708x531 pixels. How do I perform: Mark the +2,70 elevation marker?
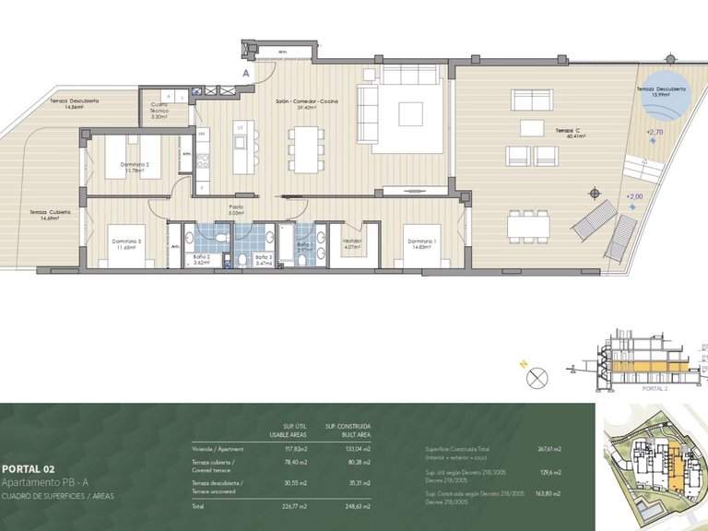[x=655, y=133]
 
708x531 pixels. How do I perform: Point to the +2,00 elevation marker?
[x=633, y=197]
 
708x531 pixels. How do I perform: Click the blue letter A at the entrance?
[x=245, y=71]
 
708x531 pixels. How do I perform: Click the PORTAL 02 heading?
[x=29, y=468]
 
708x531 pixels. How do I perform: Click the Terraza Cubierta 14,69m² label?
[x=50, y=216]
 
